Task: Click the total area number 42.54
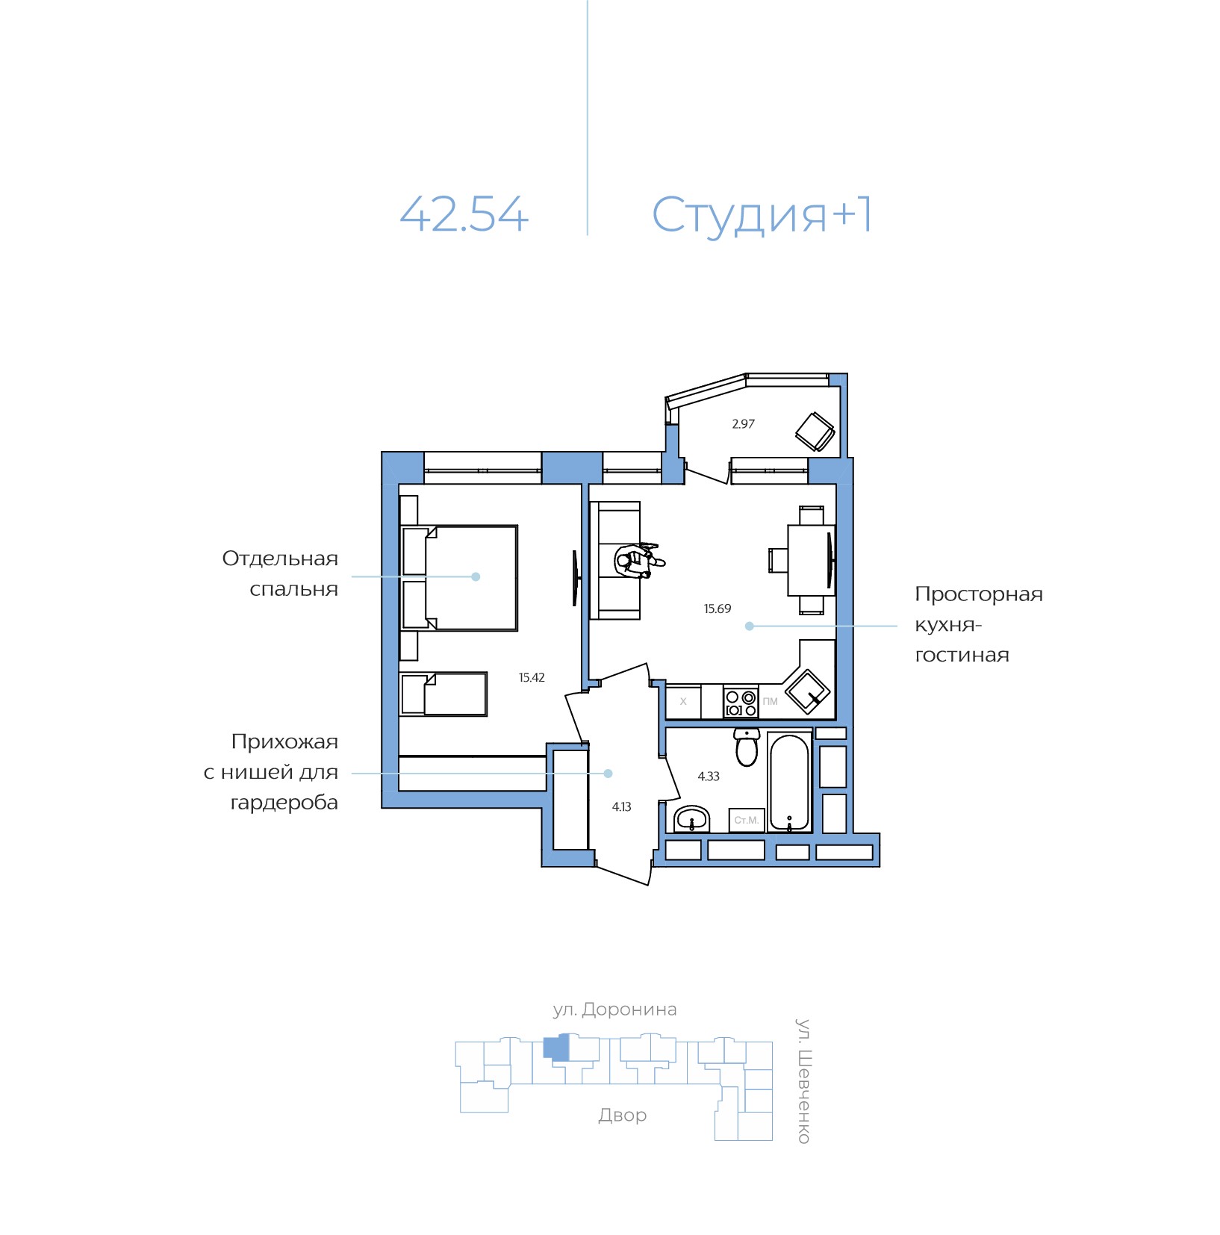point(464,214)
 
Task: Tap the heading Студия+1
point(761,214)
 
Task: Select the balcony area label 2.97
point(743,424)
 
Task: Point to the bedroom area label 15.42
point(532,678)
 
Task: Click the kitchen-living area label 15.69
point(717,609)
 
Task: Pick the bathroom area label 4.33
point(708,777)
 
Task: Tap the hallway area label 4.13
point(621,807)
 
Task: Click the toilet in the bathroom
point(747,747)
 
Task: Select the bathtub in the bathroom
point(789,783)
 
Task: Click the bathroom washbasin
point(692,819)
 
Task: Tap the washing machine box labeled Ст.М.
point(747,820)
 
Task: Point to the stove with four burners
point(741,703)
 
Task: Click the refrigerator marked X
point(683,702)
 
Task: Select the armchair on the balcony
point(815,432)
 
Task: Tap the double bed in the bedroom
point(470,578)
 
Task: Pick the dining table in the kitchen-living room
point(810,560)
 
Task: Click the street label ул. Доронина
point(614,1010)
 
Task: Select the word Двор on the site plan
point(622,1115)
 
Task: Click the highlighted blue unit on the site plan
point(555,1048)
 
